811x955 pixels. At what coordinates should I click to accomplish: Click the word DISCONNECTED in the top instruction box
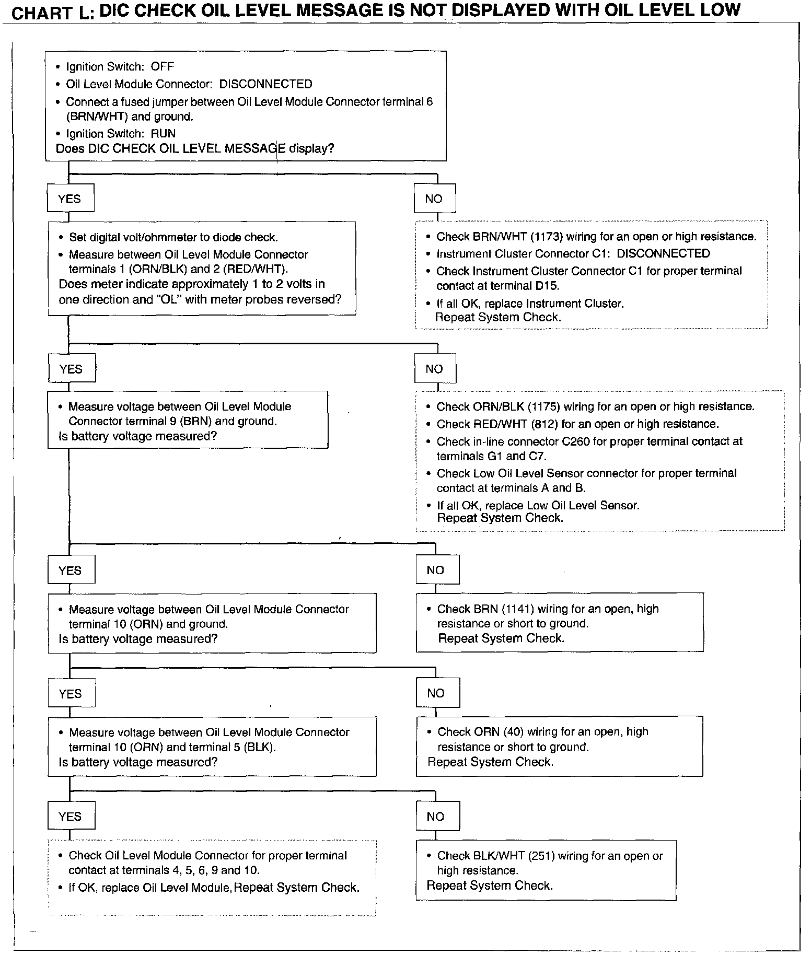click(x=265, y=84)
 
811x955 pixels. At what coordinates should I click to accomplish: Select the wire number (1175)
click(x=544, y=406)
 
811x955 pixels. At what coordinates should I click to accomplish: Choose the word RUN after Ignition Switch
click(x=163, y=133)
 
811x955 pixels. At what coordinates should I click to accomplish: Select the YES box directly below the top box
click(x=70, y=199)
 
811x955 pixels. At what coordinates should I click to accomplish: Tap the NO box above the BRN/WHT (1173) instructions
click(x=434, y=199)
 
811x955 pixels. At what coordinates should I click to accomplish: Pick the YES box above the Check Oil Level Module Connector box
click(x=71, y=817)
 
